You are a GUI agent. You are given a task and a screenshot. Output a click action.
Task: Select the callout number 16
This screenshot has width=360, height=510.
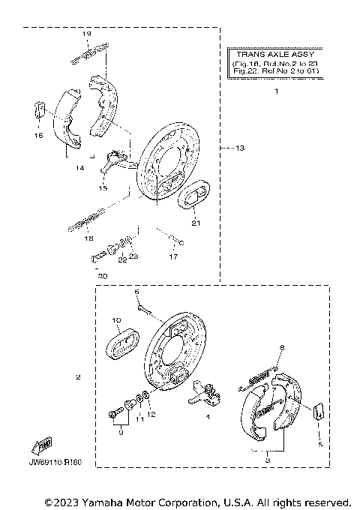(38, 136)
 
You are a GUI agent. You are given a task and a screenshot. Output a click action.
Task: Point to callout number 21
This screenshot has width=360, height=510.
(195, 223)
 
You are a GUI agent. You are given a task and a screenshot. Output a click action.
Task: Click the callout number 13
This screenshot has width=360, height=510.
(240, 148)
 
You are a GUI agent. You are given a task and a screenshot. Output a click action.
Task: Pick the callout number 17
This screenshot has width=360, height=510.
(173, 257)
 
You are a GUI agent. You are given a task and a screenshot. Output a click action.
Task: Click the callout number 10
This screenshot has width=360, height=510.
(116, 320)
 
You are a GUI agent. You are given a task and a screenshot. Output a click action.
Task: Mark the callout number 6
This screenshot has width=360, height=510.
(137, 290)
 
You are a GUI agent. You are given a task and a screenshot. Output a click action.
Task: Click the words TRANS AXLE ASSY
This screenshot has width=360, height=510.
(275, 55)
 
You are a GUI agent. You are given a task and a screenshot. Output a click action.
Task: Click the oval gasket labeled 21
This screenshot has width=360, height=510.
(193, 197)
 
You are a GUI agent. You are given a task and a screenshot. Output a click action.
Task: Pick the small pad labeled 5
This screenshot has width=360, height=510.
(317, 411)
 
